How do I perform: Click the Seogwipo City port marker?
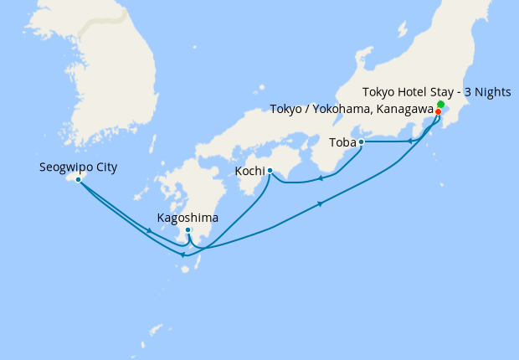point(78,179)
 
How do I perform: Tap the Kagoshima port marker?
point(188,230)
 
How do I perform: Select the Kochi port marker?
point(270,171)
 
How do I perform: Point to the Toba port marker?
point(361,142)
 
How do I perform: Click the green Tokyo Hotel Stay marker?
point(441,104)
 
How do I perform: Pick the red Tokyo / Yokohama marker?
point(438,111)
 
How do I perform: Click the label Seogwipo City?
point(78,167)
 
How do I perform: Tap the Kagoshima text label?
point(188,218)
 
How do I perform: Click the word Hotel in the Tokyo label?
point(414,91)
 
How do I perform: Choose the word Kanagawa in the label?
point(406,110)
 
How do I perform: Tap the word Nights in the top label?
point(492,91)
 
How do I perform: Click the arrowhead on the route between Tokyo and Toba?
point(410,141)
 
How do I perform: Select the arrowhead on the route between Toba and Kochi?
point(321,177)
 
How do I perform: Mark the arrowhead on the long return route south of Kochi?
point(320,203)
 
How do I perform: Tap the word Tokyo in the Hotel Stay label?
point(381,91)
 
